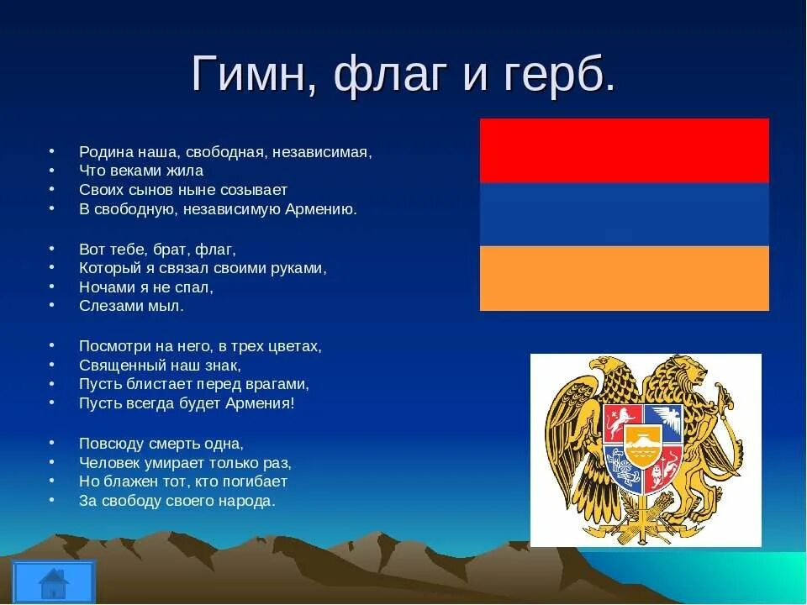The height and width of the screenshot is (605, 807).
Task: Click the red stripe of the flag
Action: tap(625, 150)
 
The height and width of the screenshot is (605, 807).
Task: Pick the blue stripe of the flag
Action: tap(625, 214)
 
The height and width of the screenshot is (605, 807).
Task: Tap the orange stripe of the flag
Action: tap(625, 278)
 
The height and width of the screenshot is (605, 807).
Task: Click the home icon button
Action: tap(54, 581)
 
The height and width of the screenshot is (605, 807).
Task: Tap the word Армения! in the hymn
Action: tap(260, 403)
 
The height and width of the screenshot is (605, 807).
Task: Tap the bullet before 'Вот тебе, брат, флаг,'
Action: tap(51, 249)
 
